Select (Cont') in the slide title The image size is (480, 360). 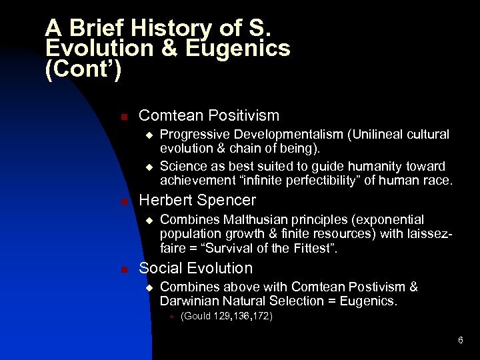pos(83,69)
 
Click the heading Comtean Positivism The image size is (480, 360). pos(209,115)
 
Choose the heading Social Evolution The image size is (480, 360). pos(195,268)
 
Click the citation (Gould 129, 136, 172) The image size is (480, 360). pos(226,316)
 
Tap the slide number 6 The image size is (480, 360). pos(460,341)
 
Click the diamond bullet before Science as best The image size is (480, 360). pos(149,167)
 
